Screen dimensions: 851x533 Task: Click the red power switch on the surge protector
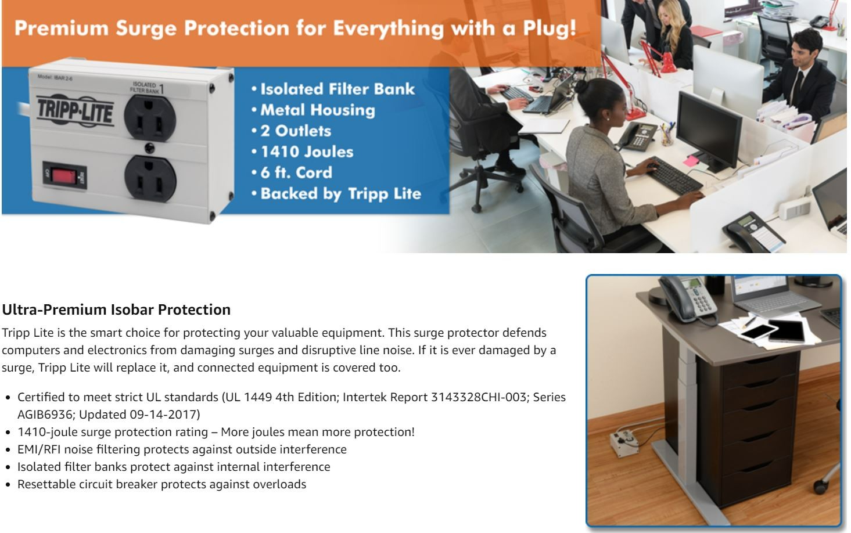(64, 176)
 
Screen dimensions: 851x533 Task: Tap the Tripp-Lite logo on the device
(75, 110)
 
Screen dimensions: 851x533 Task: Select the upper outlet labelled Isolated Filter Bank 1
(150, 118)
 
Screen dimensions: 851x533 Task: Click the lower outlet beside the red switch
(150, 178)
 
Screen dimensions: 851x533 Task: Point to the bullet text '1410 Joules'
(307, 152)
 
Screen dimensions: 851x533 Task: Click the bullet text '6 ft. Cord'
(296, 173)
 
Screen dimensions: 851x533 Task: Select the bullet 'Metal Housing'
(318, 110)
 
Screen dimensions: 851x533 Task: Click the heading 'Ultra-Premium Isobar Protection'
(116, 309)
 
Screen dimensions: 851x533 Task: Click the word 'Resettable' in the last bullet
(46, 484)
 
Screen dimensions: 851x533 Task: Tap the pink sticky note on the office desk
(691, 161)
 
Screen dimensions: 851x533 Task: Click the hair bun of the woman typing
(581, 86)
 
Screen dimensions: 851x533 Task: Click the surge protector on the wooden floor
(624, 442)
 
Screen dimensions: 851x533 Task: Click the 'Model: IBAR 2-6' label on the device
(55, 77)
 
